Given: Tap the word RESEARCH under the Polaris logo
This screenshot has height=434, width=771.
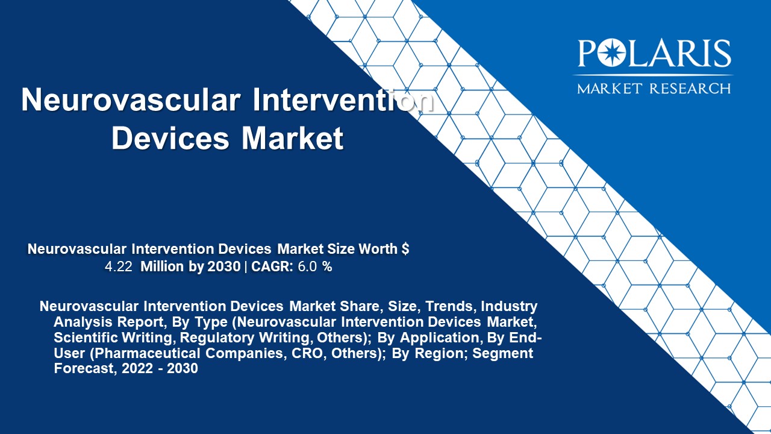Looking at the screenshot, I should tap(690, 89).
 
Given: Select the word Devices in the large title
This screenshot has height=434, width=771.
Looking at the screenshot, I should tap(170, 137).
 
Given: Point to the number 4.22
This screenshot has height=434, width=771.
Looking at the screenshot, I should tap(119, 267).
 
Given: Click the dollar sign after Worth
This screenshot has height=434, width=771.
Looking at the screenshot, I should tap(405, 249).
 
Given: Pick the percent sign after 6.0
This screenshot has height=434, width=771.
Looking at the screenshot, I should tap(327, 267).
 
